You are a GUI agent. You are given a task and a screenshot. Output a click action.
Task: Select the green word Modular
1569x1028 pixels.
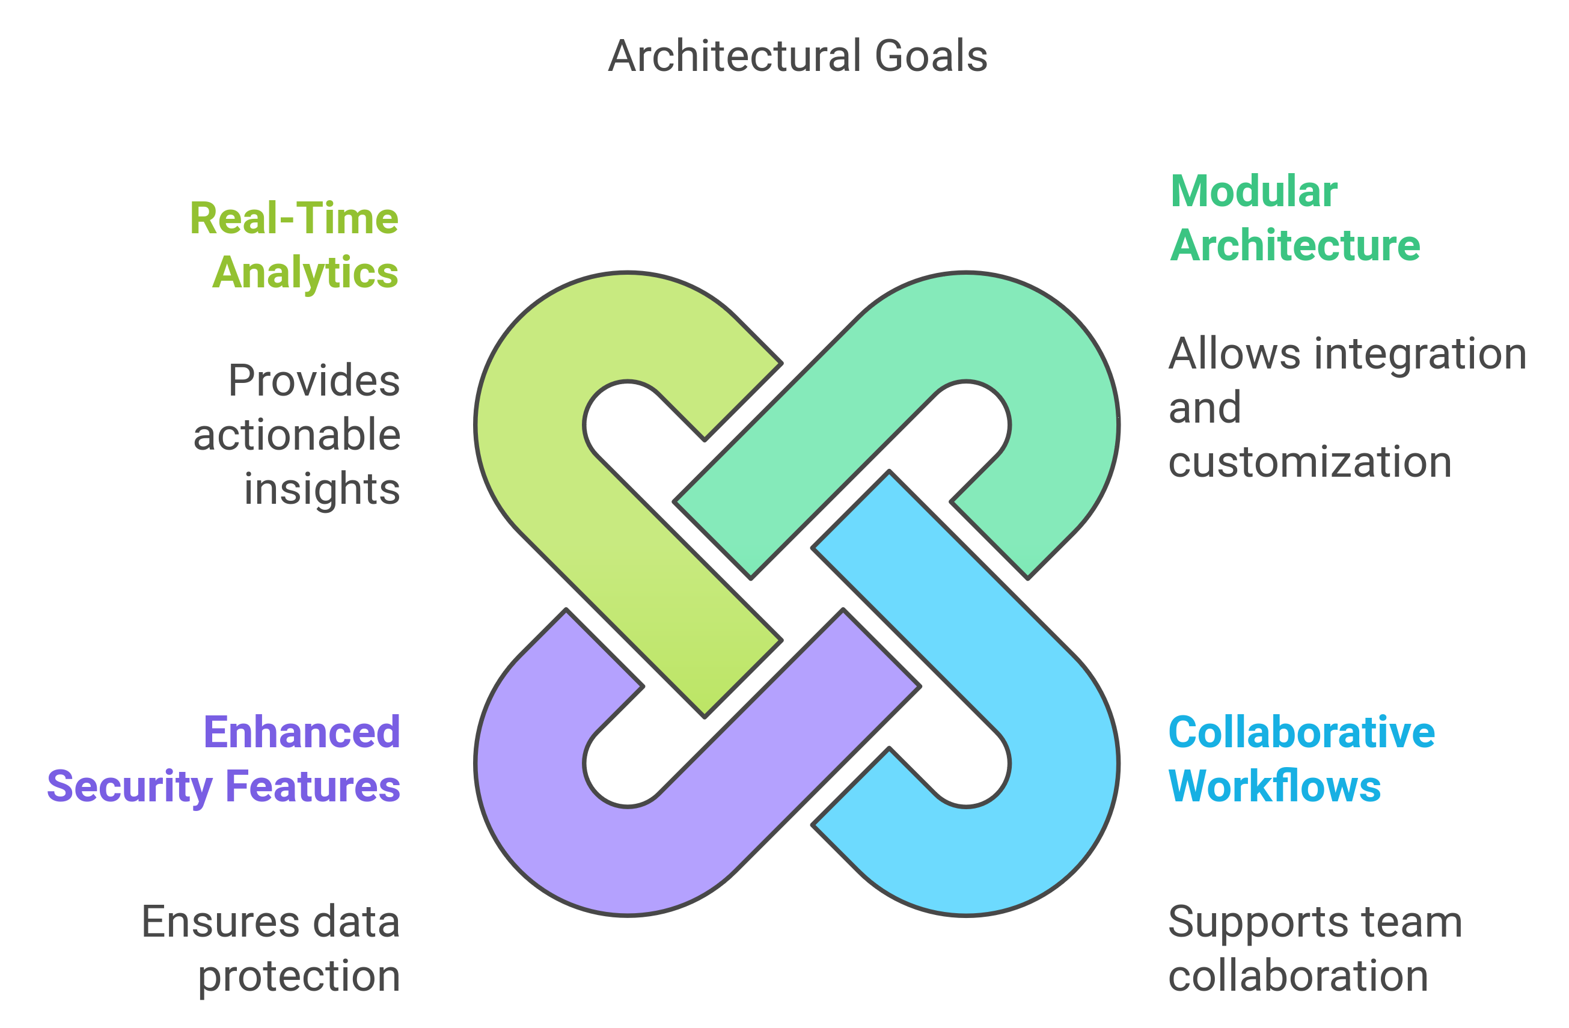pyautogui.click(x=1253, y=192)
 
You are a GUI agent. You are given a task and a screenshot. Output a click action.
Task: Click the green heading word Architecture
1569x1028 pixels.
pyautogui.click(x=1295, y=245)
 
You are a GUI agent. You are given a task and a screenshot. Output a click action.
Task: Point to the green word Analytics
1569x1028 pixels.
pyautogui.click(x=305, y=273)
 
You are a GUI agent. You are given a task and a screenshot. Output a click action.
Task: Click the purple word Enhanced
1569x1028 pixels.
pyautogui.click(x=302, y=733)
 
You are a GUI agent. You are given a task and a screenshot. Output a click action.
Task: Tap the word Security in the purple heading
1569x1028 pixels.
pyautogui.click(x=130, y=787)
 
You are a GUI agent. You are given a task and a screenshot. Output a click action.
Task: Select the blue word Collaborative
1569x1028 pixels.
pyautogui.click(x=1301, y=733)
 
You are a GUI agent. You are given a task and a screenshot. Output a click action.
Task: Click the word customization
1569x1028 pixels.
pyautogui.click(x=1310, y=462)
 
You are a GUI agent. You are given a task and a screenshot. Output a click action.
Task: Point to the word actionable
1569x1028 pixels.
pyautogui.click(x=296, y=435)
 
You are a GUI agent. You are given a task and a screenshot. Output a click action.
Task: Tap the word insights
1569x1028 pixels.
pyautogui.click(x=322, y=489)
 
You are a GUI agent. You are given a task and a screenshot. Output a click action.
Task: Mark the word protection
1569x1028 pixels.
pyautogui.click(x=299, y=976)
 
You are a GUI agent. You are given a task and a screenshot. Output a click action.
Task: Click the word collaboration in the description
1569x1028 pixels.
pyautogui.click(x=1298, y=976)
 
